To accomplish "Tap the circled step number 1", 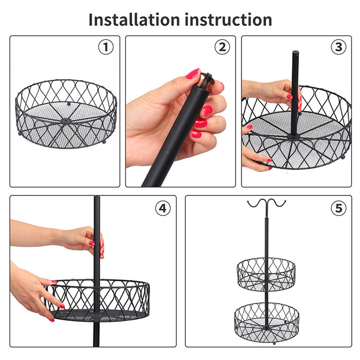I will coord(105,47).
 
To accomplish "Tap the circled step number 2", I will coord(222,47).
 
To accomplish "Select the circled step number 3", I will coord(338,47).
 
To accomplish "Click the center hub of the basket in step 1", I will coord(66,121).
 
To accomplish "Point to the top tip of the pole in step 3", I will coord(295,53).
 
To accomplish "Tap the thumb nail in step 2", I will coord(193,74).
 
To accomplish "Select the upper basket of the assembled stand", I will coord(266,274).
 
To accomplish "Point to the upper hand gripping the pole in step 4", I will coord(82,239).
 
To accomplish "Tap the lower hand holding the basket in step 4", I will coord(33,293).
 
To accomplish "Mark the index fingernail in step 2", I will coord(206,111).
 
